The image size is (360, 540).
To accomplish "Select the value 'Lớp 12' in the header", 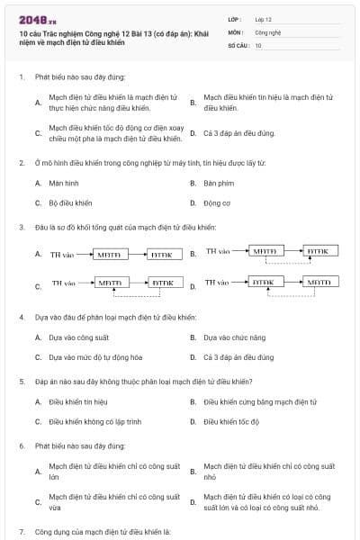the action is click(x=263, y=18).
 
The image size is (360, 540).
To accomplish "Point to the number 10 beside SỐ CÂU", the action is click(x=258, y=44).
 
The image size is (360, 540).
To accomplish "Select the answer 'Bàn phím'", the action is click(x=219, y=183).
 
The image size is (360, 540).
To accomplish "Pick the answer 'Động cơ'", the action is click(x=217, y=202).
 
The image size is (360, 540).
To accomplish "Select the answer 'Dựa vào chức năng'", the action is click(x=234, y=337).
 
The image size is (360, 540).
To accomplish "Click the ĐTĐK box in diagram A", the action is click(x=161, y=255).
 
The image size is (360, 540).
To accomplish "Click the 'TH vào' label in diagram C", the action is click(x=63, y=283).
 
